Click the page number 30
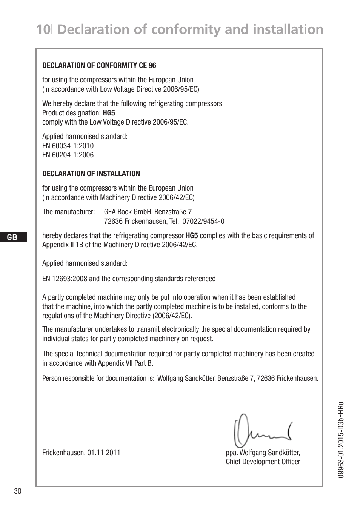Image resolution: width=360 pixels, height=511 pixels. point(18,491)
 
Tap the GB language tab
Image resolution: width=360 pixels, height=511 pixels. point(12,237)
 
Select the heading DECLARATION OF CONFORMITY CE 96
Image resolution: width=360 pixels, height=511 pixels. point(99,65)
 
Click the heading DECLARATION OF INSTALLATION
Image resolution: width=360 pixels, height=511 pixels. point(91,174)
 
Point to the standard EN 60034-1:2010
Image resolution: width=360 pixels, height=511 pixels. point(68,146)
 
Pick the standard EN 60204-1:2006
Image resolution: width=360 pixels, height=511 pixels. point(68,155)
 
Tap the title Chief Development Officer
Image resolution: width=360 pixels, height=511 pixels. point(263,462)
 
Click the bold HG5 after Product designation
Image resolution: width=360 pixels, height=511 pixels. point(109,113)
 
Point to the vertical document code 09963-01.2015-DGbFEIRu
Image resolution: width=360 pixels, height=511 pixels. point(341,440)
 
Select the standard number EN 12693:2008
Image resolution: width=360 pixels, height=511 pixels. point(65,279)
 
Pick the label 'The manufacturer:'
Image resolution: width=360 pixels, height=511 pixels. point(68,212)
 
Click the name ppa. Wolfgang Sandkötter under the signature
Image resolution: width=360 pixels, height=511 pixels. point(263,453)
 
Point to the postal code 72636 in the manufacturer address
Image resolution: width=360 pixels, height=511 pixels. point(113,221)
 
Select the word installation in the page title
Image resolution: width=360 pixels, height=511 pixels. point(289,29)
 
